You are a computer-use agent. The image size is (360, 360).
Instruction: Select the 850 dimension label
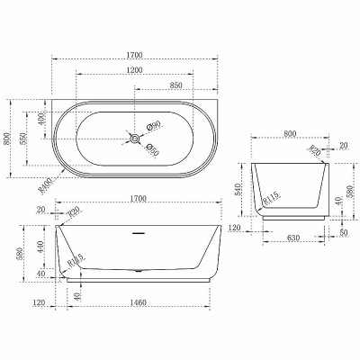[x=175, y=85]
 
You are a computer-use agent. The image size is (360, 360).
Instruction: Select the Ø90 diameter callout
[x=153, y=126]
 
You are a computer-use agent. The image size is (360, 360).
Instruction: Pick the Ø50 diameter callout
[x=153, y=152]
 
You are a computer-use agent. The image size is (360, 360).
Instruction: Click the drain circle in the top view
[x=135, y=139]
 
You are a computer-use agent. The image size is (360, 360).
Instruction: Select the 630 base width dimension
[x=293, y=239]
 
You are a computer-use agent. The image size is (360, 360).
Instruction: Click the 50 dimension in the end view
[x=344, y=232]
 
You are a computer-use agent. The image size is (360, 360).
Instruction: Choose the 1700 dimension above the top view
[x=137, y=53]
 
